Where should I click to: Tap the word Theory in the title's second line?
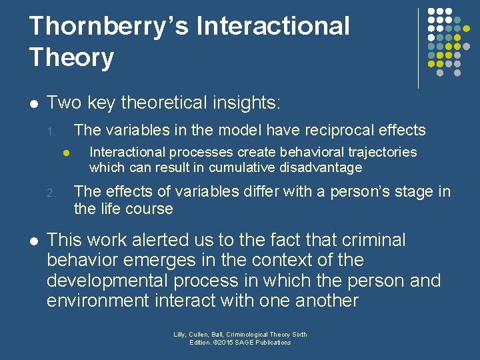tap(71, 57)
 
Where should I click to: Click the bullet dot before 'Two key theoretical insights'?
tap(33, 103)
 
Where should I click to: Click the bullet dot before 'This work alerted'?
tap(33, 240)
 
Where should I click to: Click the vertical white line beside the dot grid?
tap(419, 48)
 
